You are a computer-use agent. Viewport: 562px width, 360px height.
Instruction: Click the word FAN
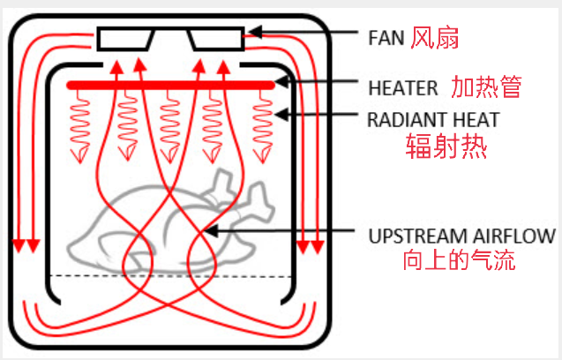pos(386,38)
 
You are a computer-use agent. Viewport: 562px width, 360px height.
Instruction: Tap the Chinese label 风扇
pos(435,37)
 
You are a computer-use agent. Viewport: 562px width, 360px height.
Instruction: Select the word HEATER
pos(403,88)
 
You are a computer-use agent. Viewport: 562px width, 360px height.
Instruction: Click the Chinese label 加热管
pos(486,86)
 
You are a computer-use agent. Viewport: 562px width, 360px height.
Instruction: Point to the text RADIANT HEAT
pos(433,120)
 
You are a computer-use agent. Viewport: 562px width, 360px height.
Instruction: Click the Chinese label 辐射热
pos(446,146)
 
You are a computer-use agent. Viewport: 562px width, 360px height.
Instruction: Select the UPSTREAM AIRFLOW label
pos(462,236)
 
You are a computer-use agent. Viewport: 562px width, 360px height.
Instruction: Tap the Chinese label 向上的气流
pos(459,260)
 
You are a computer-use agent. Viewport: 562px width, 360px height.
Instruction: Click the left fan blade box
pos(125,39)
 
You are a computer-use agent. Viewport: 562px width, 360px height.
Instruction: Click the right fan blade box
pos(216,39)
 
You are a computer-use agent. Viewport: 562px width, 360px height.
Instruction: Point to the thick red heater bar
pos(171,86)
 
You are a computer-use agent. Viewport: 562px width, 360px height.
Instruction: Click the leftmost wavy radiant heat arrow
pos(79,126)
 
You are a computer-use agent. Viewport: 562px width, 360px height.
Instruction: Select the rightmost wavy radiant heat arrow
pos(263,126)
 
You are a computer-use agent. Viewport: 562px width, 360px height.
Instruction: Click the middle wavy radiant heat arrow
pos(170,126)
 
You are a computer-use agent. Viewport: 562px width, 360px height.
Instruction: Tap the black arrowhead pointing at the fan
pos(255,32)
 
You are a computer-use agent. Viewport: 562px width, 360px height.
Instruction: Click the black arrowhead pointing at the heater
pos(281,82)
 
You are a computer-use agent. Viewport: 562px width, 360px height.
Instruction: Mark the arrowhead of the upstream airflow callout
pos(211,231)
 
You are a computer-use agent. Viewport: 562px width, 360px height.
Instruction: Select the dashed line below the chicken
pos(171,276)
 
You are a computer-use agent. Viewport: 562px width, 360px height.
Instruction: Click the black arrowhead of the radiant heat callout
pos(281,115)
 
